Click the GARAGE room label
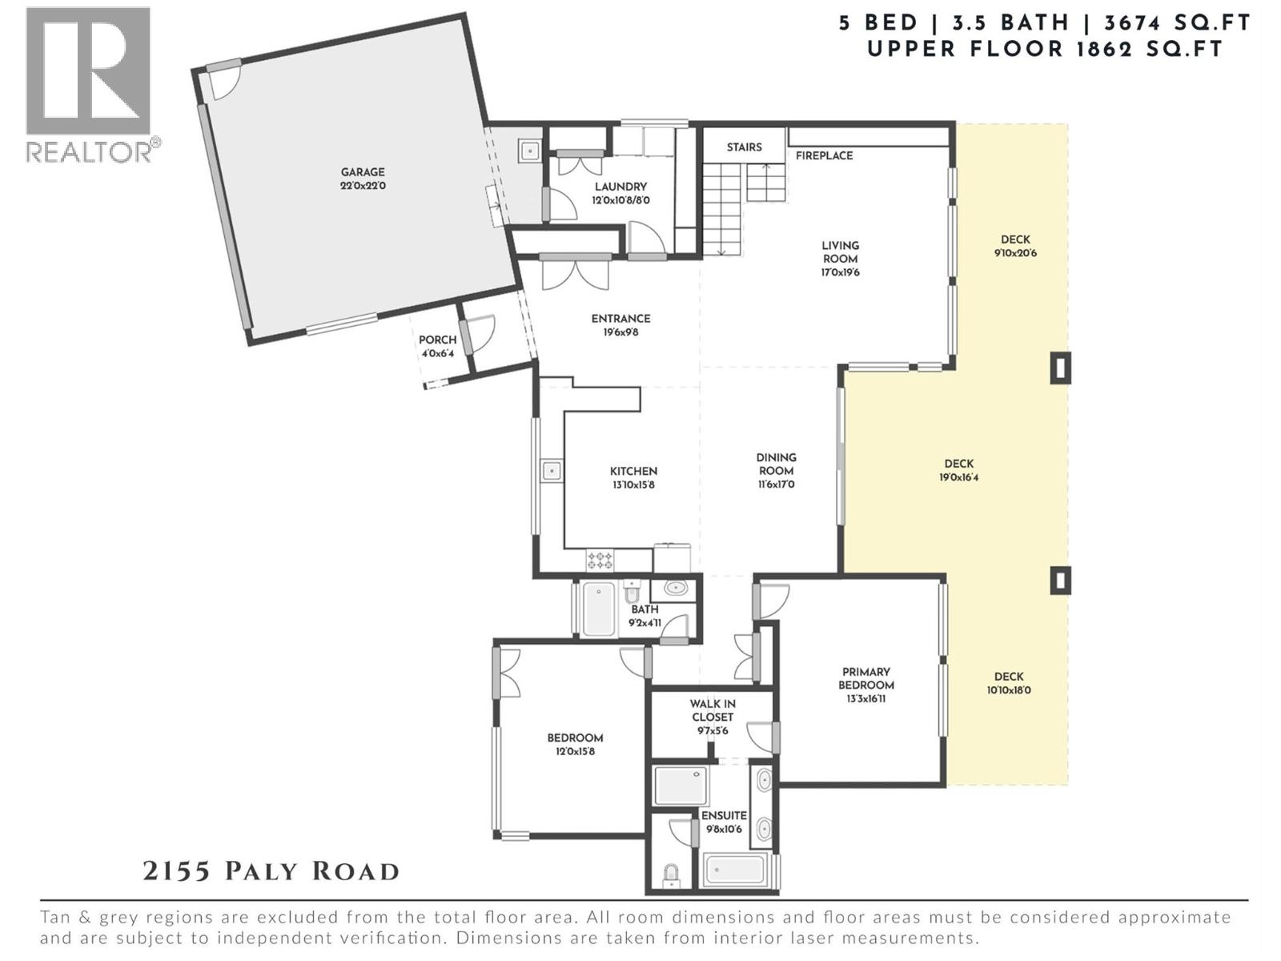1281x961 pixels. click(363, 172)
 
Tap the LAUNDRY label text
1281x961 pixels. click(620, 187)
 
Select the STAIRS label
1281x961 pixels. click(744, 147)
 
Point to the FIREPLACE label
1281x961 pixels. click(824, 156)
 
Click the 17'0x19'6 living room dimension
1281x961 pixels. click(840, 273)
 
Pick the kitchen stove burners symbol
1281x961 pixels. click(600, 559)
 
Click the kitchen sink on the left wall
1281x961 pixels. click(552, 471)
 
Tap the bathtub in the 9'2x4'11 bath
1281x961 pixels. click(598, 609)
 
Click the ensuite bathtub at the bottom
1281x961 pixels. click(734, 870)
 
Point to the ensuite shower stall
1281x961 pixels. click(681, 786)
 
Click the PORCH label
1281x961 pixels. click(437, 340)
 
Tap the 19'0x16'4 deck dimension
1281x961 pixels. click(958, 478)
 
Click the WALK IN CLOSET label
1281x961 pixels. click(713, 710)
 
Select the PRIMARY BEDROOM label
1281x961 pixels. click(866, 678)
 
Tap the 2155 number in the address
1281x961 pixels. click(176, 871)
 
